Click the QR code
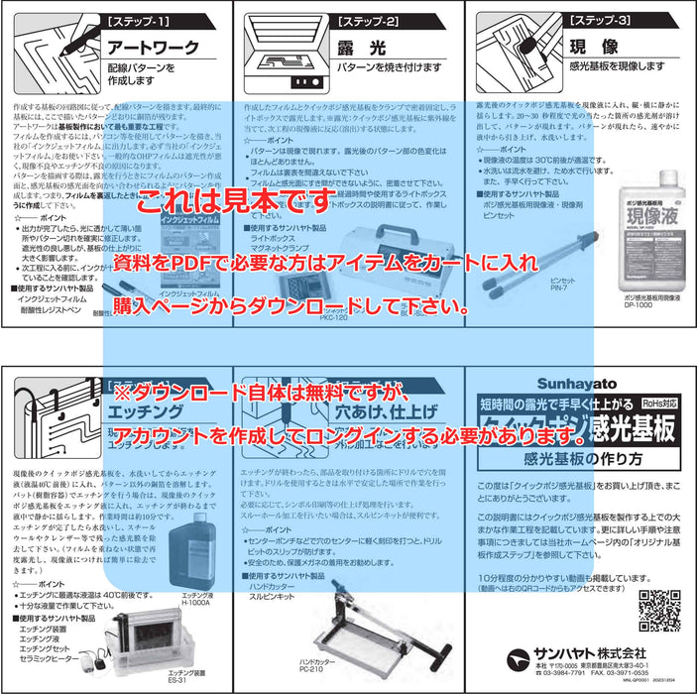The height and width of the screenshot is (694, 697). tap(658, 609)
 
